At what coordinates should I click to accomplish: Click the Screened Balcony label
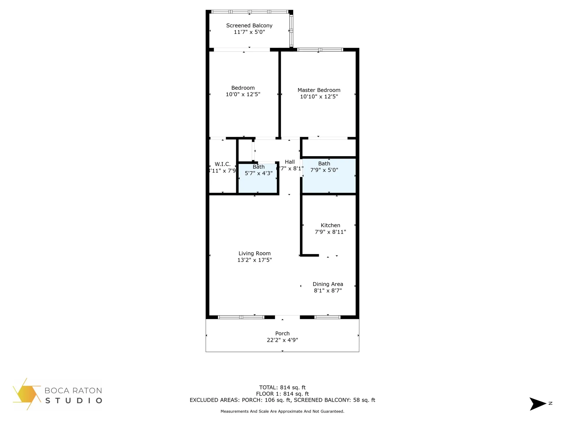pos(249,26)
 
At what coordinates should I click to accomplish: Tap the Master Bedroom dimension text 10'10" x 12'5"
pos(319,97)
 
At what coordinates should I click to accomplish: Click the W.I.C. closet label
pos(223,164)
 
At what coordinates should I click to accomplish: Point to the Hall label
pos(290,162)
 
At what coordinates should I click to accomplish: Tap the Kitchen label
pos(330,225)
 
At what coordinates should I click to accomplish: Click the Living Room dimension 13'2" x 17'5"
pos(255,260)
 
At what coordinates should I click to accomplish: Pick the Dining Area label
pos(328,284)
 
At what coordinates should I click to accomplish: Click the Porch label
pos(282,334)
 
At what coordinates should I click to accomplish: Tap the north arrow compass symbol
pos(538,404)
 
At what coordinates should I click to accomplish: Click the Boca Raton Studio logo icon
pos(26,394)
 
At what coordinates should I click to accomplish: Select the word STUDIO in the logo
pos(74,401)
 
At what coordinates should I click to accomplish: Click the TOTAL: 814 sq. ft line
pos(282,387)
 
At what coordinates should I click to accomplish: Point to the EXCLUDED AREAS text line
pos(282,400)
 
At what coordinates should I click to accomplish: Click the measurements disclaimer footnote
pos(282,411)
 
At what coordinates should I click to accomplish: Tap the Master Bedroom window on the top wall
pos(320,50)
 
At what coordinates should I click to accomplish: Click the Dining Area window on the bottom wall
pos(327,317)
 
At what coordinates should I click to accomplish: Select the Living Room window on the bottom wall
pos(241,317)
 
